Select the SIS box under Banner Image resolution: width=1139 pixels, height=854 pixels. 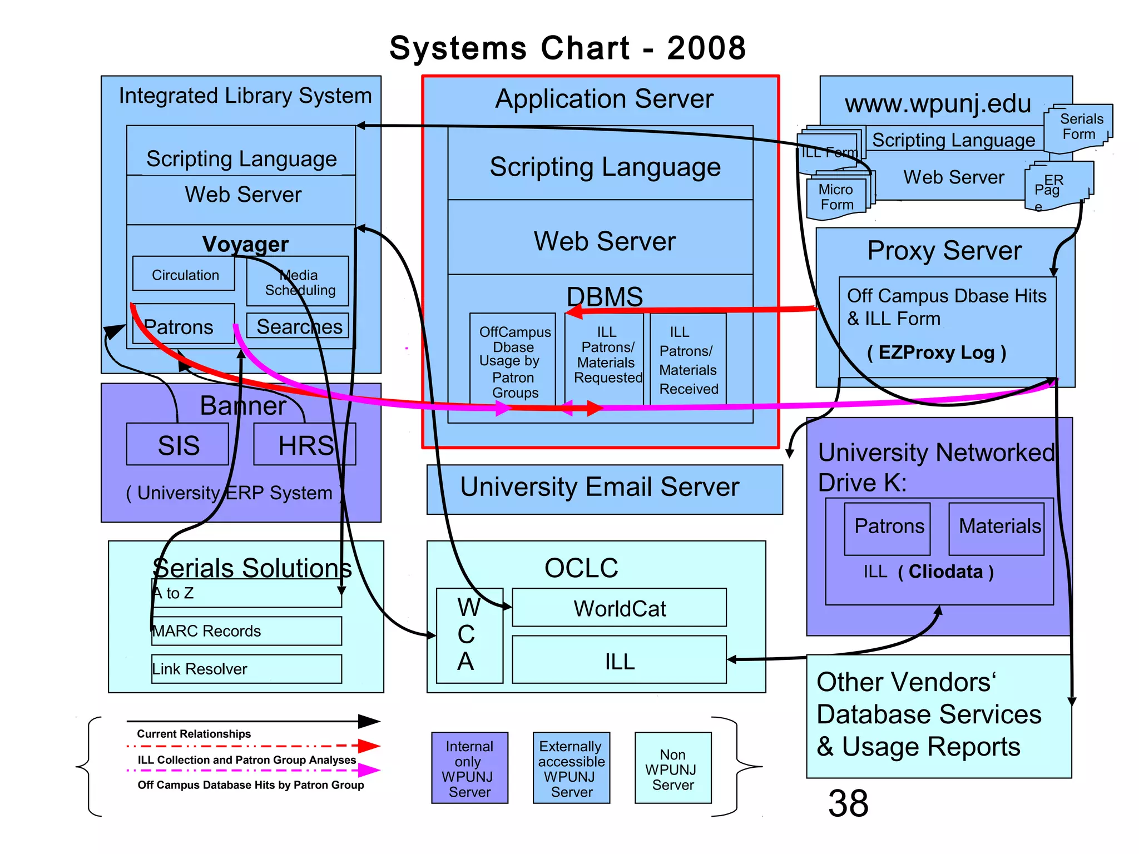click(x=177, y=445)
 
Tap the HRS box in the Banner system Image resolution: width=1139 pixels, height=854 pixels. click(x=305, y=445)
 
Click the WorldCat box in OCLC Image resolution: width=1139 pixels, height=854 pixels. click(x=619, y=608)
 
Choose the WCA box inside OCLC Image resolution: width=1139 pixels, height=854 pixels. click(x=469, y=635)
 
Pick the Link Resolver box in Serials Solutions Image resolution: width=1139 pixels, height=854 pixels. click(x=246, y=669)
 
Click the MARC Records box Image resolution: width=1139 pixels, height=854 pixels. click(x=246, y=631)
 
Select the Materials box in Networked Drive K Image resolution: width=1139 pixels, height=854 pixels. click(x=997, y=528)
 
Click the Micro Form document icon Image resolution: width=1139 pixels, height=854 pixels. click(x=836, y=198)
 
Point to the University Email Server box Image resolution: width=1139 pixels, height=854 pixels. click(x=604, y=489)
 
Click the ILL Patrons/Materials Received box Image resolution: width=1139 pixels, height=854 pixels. click(x=688, y=360)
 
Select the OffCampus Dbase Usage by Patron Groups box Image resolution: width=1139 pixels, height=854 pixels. click(x=513, y=361)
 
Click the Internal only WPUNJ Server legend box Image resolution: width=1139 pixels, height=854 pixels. click(x=469, y=768)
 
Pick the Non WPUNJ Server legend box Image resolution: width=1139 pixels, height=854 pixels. click(x=673, y=768)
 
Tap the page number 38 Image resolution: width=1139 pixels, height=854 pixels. click(x=848, y=803)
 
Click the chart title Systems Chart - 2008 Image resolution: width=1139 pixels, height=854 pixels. click(x=567, y=48)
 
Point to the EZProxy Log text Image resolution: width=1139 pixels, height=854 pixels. click(x=937, y=352)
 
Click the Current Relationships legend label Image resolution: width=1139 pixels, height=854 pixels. click(x=194, y=734)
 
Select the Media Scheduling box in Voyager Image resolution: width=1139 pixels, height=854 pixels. click(x=298, y=282)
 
